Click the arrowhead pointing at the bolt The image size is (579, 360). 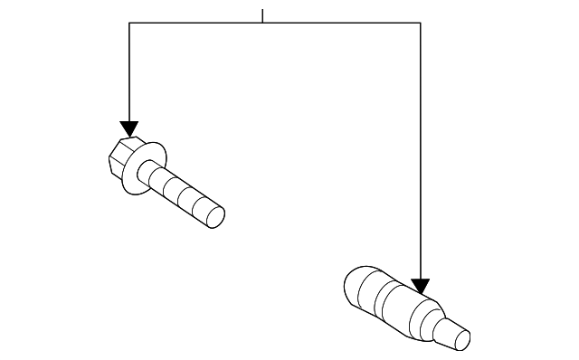129,128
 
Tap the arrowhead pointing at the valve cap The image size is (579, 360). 420,287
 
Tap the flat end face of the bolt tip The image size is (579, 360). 215,218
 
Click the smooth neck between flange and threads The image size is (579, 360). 159,179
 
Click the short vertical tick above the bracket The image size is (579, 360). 262,15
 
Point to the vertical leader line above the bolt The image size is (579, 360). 129,72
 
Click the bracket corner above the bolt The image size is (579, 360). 129,24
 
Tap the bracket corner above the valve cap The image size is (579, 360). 420,24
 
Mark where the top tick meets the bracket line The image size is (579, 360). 262,24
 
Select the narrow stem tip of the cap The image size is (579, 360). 452,334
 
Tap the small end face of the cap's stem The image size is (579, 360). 463,340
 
